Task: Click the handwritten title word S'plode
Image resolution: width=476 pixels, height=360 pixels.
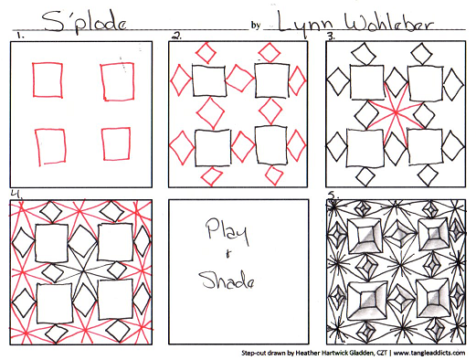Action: pyautogui.click(x=84, y=21)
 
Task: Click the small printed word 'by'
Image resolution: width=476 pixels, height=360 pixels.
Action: pyautogui.click(x=256, y=25)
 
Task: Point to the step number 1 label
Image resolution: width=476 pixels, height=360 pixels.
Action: pyautogui.click(x=21, y=37)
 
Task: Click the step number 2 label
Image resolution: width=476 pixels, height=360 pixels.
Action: pyautogui.click(x=176, y=37)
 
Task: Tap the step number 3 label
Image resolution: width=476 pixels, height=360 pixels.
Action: pyautogui.click(x=331, y=37)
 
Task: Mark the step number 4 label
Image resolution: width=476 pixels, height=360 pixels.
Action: pyautogui.click(x=16, y=194)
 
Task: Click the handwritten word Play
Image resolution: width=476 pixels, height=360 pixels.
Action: pyautogui.click(x=227, y=232)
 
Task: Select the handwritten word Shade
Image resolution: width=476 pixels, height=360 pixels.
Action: pyautogui.click(x=227, y=281)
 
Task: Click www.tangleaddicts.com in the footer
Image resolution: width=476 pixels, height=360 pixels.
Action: pyautogui.click(x=429, y=353)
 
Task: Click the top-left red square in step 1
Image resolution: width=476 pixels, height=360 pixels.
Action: pyautogui.click(x=48, y=80)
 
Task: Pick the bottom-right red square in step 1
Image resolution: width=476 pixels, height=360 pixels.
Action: pyautogui.click(x=116, y=143)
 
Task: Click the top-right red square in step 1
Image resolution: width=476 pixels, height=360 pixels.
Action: pyautogui.click(x=118, y=81)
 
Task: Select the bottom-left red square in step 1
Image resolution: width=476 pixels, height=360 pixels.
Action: pyautogui.click(x=50, y=147)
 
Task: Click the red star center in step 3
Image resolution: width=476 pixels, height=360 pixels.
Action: pyautogui.click(x=396, y=113)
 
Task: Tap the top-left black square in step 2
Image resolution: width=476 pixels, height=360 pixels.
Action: pyautogui.click(x=209, y=80)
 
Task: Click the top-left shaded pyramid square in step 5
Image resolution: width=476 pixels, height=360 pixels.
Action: pyautogui.click(x=364, y=236)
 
